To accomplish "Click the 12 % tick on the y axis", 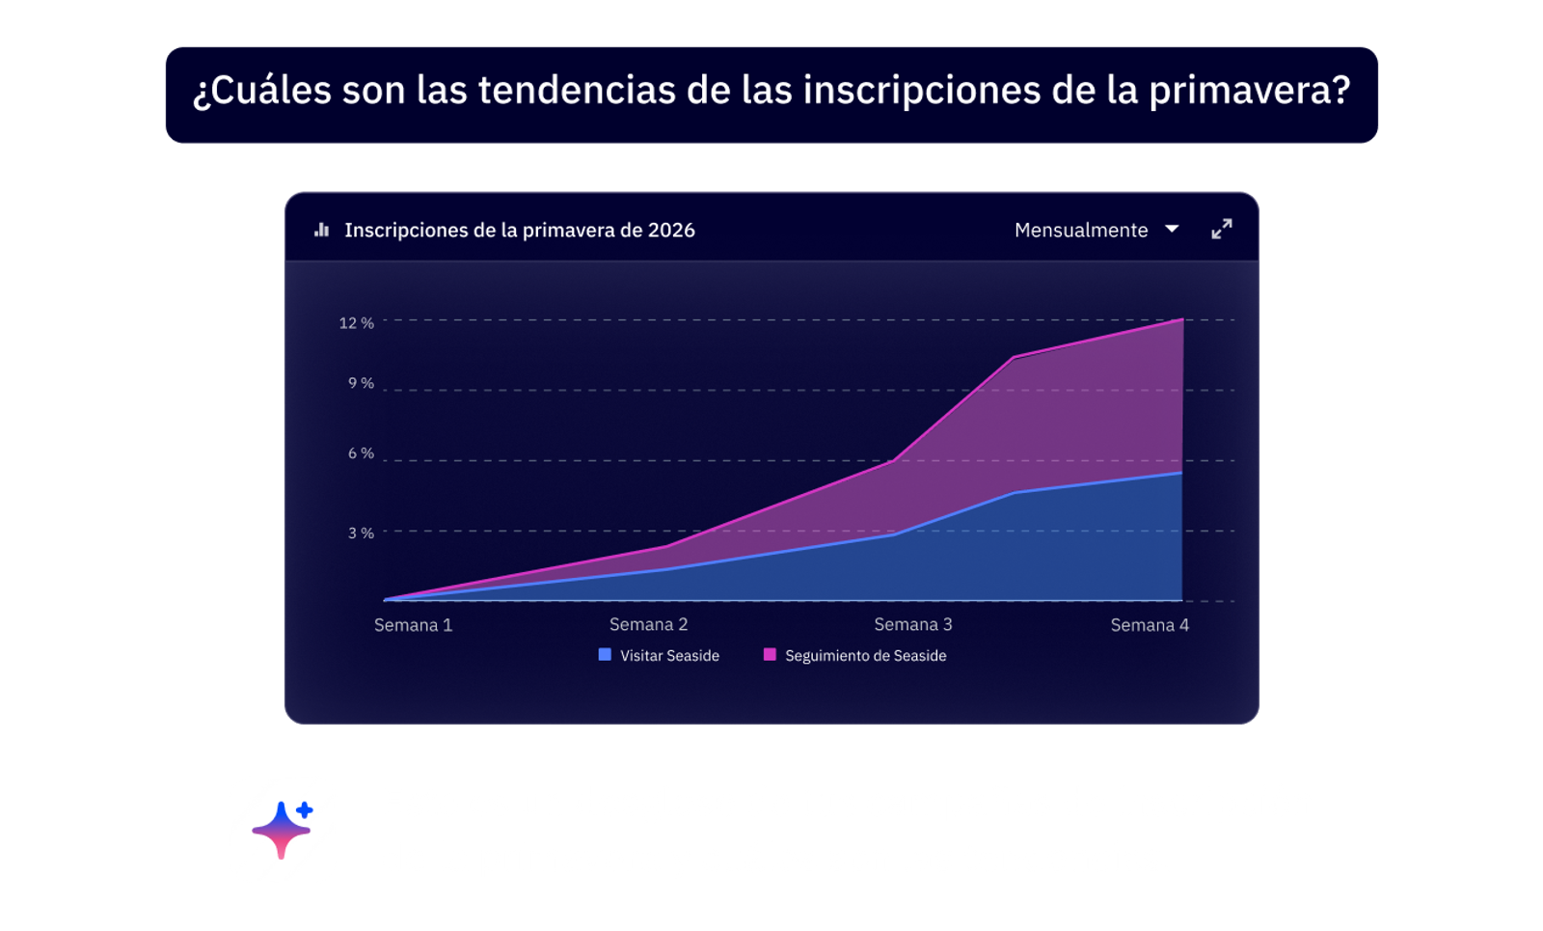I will click(356, 323).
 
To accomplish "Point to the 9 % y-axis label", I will click(361, 383).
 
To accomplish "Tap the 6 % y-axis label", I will click(361, 453).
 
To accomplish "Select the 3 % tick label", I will click(361, 533).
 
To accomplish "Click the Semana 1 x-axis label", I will click(413, 625).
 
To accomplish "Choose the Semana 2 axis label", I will click(648, 624).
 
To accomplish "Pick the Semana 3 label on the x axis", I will click(912, 624).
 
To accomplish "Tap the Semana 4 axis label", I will click(1149, 625).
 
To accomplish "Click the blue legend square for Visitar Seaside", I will click(605, 655).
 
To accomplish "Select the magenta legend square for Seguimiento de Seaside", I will click(770, 655).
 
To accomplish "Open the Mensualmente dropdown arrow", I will click(1172, 230).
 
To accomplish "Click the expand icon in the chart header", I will click(1221, 230).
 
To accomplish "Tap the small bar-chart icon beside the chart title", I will click(322, 231).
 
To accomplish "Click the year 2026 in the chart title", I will click(671, 231).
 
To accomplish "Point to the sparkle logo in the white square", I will click(282, 830).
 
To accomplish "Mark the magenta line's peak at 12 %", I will click(1181, 319).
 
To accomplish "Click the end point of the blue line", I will click(1181, 473).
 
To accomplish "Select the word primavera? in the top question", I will click(1249, 92).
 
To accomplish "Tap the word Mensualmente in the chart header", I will click(1080, 231).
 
